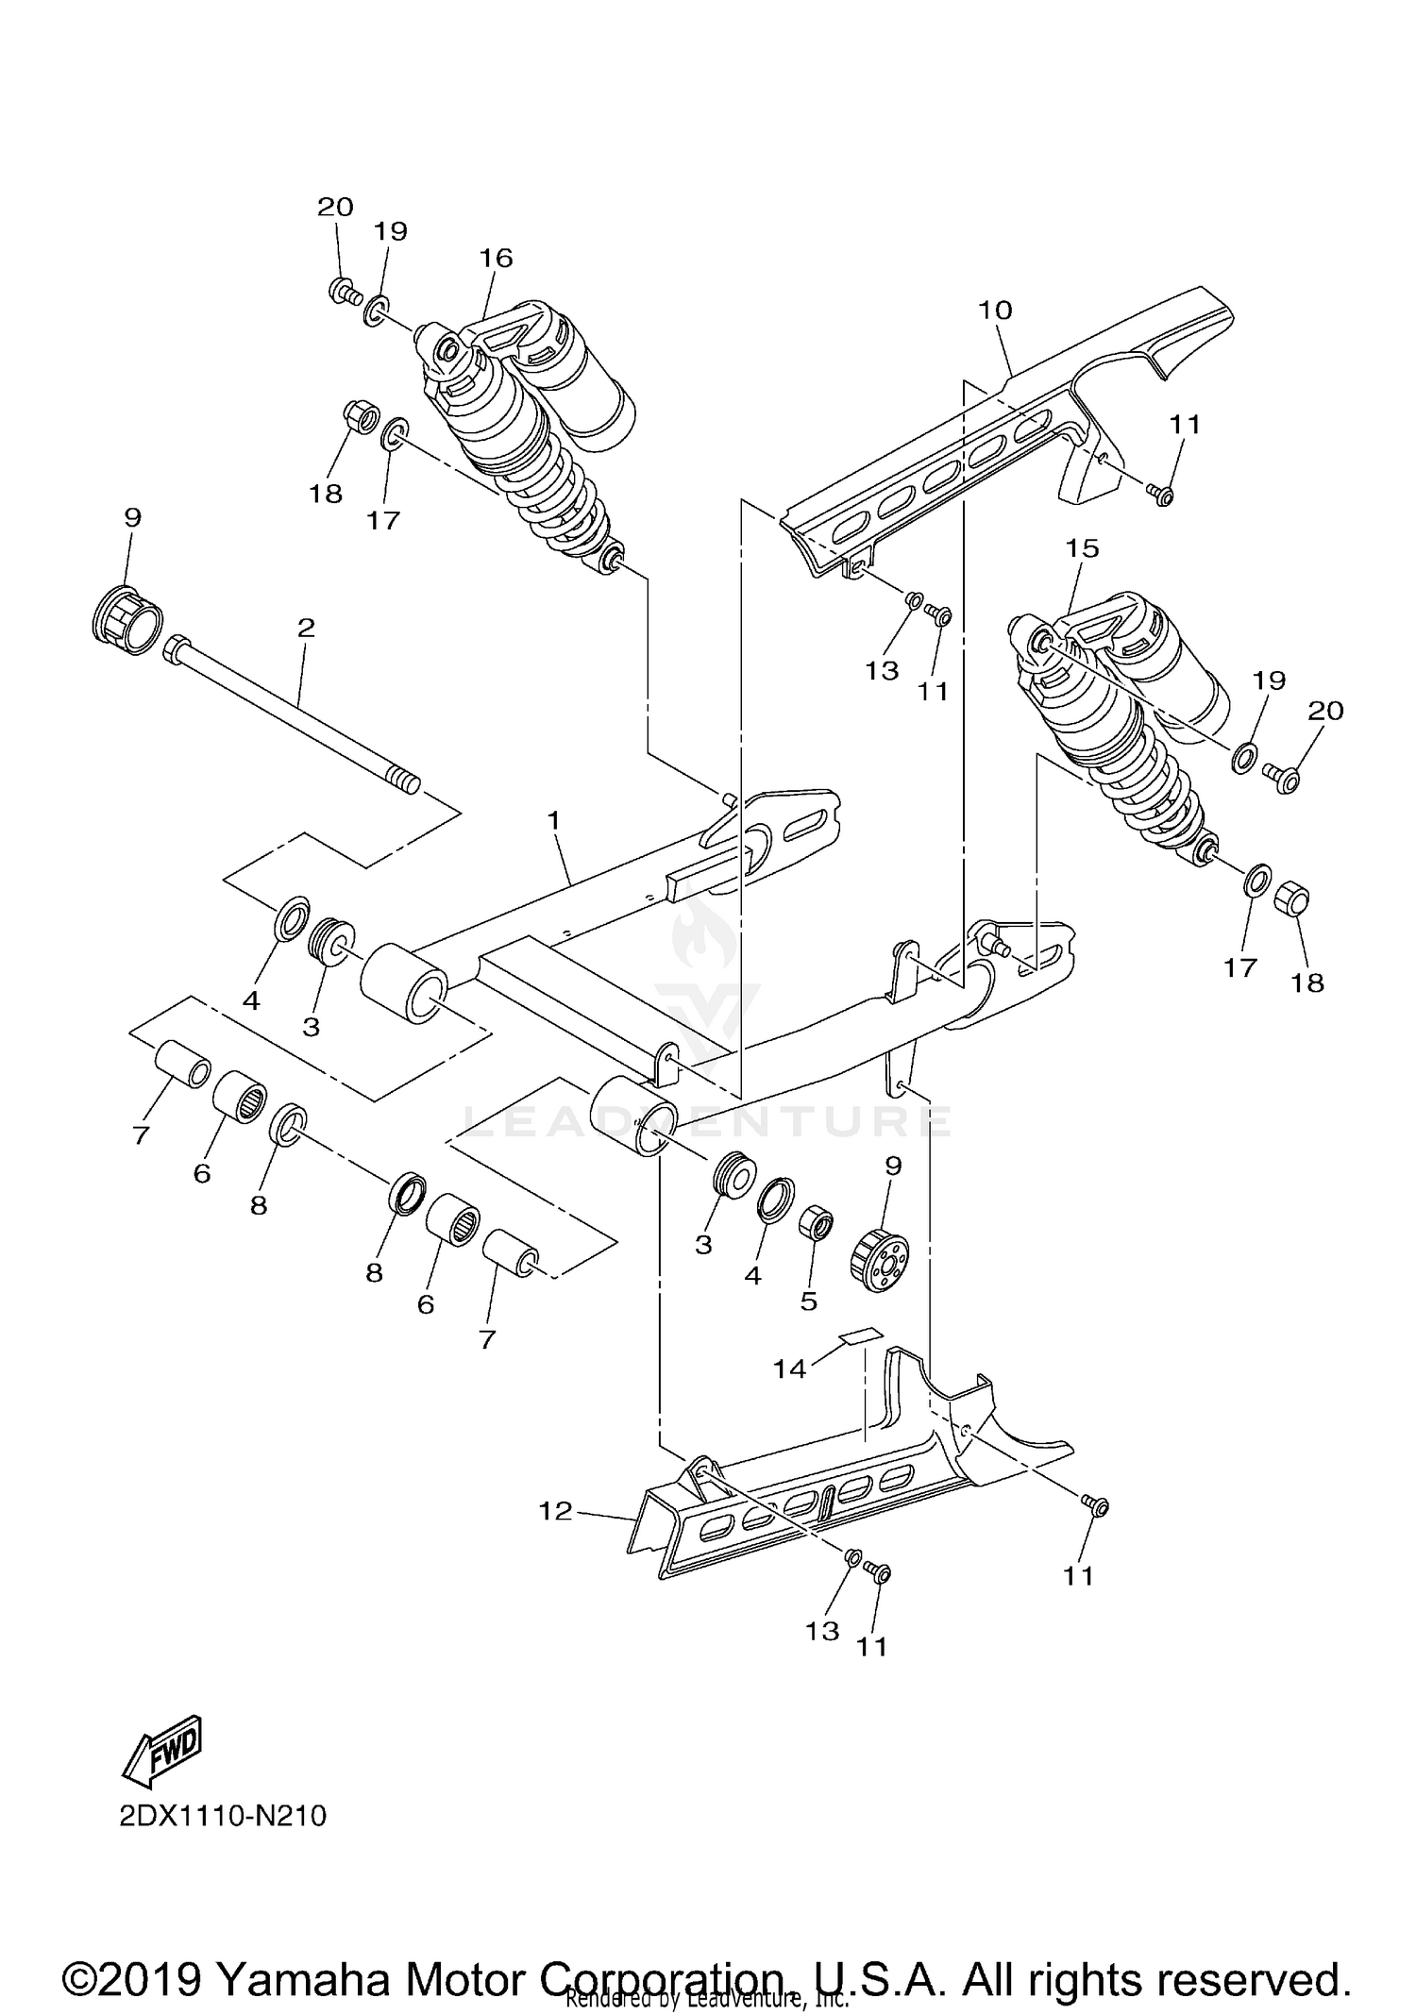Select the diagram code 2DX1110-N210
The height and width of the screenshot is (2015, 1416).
223,1816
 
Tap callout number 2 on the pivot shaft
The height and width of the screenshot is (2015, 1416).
306,628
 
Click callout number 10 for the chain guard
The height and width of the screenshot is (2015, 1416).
995,311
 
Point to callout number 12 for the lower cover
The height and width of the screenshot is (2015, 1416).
555,1511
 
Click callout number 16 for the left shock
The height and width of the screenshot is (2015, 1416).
496,258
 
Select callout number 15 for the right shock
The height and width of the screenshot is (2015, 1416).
1082,548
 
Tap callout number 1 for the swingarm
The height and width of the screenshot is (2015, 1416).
553,820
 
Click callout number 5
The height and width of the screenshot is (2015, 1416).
808,1301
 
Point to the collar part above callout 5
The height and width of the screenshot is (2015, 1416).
817,1225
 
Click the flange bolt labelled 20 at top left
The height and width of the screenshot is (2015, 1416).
345,292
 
